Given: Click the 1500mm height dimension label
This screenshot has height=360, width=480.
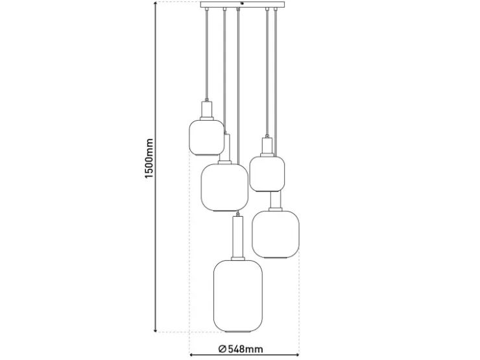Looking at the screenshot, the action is coord(149,158).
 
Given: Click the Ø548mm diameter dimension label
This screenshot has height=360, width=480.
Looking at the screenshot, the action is coord(241,349).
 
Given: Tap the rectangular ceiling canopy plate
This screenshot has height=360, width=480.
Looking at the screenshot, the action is coord(243,5).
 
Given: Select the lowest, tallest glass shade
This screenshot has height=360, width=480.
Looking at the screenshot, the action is coord(238,296).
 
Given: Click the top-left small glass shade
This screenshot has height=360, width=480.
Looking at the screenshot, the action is coord(207,138).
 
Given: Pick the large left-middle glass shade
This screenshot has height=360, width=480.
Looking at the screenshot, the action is coord(224,187).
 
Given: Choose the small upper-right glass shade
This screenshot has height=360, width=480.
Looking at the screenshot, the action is coord(267,174).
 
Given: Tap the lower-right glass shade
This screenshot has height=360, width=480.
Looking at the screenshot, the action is coord(276,235).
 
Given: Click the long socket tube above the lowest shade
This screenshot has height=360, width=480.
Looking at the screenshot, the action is coord(238,238).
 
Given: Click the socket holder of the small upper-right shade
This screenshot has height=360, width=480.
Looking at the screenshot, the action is coord(267,147).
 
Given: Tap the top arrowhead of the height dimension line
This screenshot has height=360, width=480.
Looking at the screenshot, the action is coord(156,4).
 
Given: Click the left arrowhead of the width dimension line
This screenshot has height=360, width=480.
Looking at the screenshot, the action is coord(192,355).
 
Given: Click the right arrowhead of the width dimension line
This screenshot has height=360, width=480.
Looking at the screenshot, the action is coord(297,355).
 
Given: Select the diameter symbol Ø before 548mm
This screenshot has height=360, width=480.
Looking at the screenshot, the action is coord(222,349).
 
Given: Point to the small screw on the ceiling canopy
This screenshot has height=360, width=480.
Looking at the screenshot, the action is coord(243,3).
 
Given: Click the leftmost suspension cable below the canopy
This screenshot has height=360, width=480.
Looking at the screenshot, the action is coord(207,54).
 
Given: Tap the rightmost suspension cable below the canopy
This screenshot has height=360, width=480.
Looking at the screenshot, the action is coord(276,83).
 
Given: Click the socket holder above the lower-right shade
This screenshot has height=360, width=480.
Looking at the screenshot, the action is coord(276,201).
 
